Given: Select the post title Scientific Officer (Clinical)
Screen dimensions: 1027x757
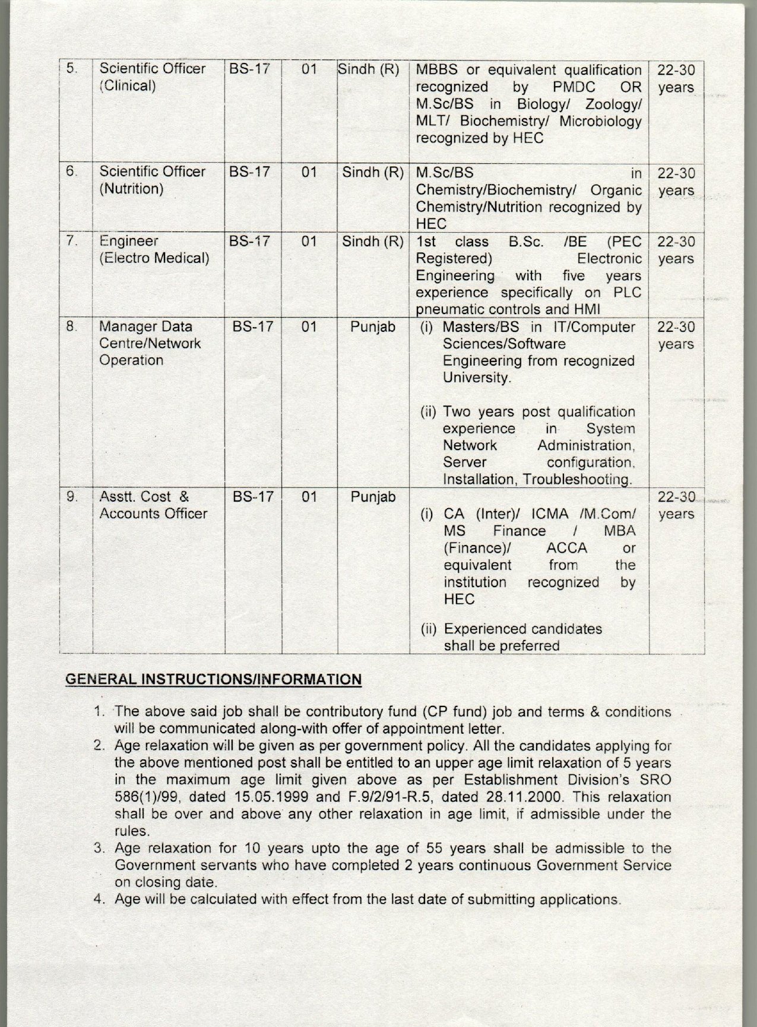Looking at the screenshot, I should pyautogui.click(x=152, y=77).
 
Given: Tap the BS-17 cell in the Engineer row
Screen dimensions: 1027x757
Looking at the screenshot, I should pyautogui.click(x=250, y=242).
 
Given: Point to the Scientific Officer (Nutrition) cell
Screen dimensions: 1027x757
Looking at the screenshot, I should pyautogui.click(x=152, y=180).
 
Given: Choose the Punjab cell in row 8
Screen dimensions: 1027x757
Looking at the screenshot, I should pyautogui.click(x=373, y=327).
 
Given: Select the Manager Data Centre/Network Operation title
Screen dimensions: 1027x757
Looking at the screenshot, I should pyautogui.click(x=150, y=343).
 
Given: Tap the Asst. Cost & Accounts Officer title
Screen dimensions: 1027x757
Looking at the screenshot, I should pyautogui.click(x=153, y=505).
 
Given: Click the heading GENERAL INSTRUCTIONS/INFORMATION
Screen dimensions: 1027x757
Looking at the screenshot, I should pyautogui.click(x=213, y=679).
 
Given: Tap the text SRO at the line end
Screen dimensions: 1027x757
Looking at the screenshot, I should pyautogui.click(x=656, y=779).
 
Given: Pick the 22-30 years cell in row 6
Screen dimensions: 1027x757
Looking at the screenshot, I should pyautogui.click(x=676, y=182).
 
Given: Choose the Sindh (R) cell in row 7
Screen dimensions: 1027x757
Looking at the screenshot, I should pyautogui.click(x=373, y=242).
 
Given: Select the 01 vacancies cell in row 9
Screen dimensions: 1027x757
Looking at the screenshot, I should pyautogui.click(x=309, y=496).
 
